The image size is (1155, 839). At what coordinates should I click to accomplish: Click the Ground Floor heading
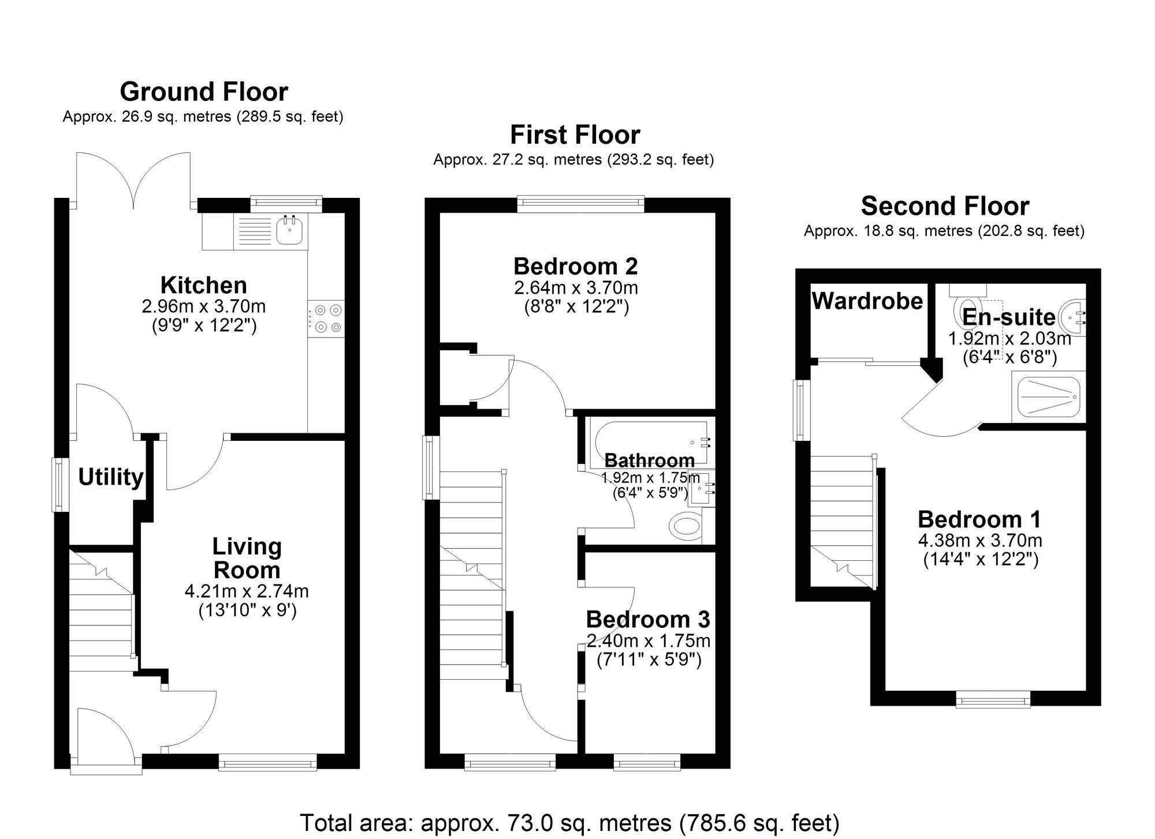(203, 92)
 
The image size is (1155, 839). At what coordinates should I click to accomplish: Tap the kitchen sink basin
(290, 231)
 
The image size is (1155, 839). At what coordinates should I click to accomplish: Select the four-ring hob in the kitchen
(326, 319)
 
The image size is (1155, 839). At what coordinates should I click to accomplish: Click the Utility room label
(110, 477)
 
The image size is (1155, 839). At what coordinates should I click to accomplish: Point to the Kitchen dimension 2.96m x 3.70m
(203, 306)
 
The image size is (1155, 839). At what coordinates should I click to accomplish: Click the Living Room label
(247, 558)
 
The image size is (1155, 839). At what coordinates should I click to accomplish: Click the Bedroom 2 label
(575, 266)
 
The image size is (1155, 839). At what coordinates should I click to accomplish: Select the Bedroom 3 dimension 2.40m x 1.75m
(648, 641)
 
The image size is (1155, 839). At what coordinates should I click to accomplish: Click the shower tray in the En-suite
(1048, 397)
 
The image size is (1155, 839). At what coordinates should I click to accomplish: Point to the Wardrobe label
(867, 301)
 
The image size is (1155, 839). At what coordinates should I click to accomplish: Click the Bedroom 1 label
(979, 519)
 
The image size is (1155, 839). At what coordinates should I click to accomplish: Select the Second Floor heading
(945, 206)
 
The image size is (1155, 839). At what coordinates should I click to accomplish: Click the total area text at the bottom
(569, 822)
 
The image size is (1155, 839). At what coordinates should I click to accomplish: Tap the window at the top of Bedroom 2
(580, 202)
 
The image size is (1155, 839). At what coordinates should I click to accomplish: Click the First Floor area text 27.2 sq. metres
(573, 160)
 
